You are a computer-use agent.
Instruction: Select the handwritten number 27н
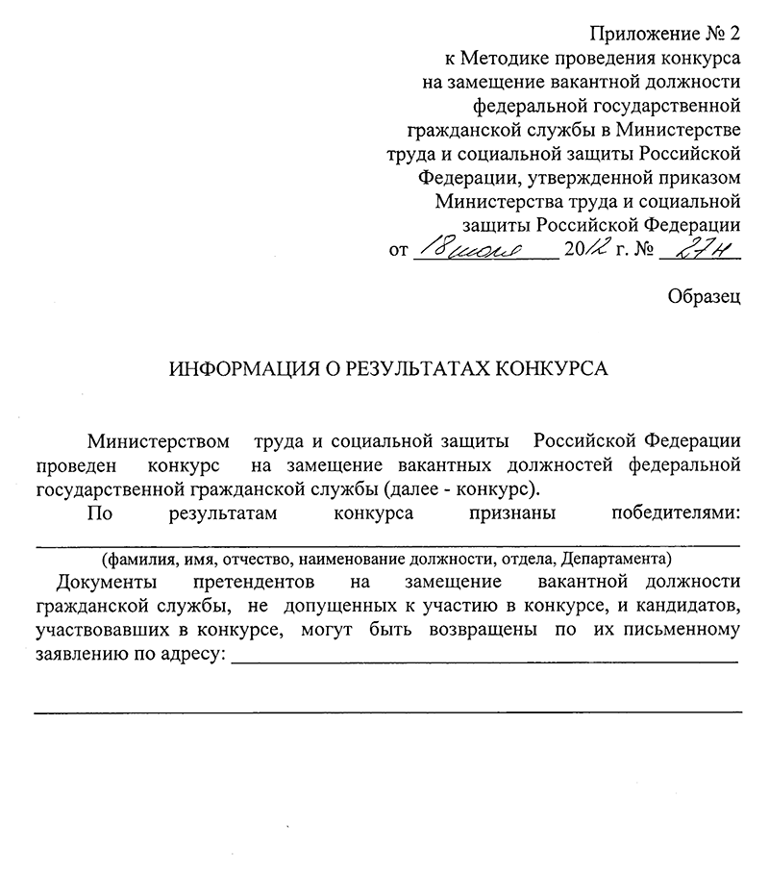pos(706,251)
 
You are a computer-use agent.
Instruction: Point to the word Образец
pos(704,297)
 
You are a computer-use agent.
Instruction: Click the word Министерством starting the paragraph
pos(159,442)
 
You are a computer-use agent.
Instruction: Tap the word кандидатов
pos(691,607)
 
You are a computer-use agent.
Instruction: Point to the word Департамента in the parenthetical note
pos(615,559)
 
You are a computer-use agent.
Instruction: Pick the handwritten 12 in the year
pos(593,251)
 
